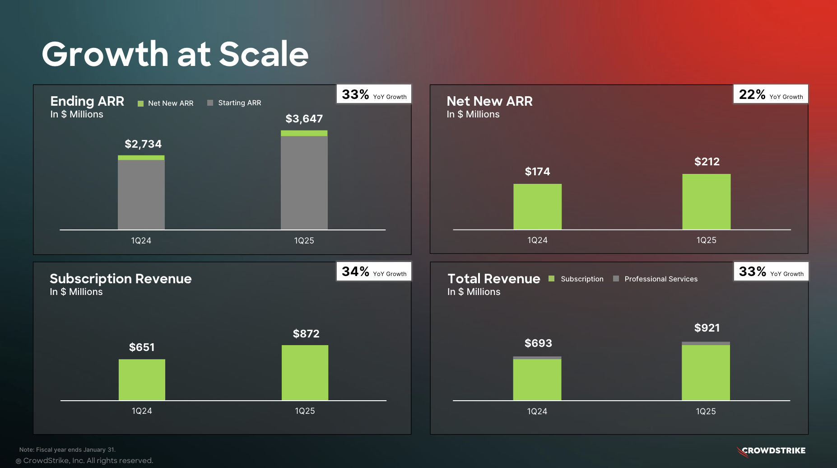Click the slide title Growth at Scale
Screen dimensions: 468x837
(175, 54)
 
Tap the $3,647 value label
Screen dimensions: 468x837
(304, 119)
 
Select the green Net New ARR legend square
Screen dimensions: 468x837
(140, 103)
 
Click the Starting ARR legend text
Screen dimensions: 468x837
(239, 103)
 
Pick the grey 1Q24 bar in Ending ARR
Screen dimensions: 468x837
(141, 194)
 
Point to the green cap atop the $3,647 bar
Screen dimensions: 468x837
(304, 133)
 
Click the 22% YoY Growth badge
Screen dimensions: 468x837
(770, 94)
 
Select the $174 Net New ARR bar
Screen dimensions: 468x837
(537, 206)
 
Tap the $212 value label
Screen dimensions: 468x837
(707, 162)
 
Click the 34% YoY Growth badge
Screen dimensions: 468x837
(374, 271)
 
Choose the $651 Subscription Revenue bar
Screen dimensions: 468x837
(142, 379)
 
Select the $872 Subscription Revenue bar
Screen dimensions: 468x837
(305, 373)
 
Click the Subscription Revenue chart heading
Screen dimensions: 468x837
(121, 279)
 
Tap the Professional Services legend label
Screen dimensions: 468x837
(660, 279)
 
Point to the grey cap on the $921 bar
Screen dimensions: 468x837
(706, 343)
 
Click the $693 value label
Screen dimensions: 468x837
(538, 343)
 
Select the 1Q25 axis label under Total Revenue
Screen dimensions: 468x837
(706, 412)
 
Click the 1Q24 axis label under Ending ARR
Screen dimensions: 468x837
(141, 241)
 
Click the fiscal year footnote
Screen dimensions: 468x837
(67, 449)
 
